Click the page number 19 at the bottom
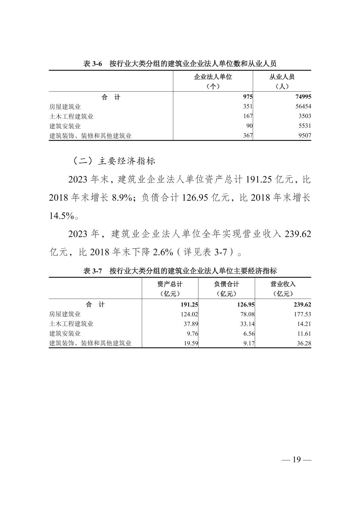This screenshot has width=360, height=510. (x=297, y=460)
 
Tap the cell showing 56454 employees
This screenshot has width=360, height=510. (x=302, y=107)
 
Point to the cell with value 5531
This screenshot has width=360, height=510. (x=304, y=126)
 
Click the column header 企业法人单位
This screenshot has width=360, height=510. (x=213, y=77)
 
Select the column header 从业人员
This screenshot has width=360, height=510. (x=282, y=77)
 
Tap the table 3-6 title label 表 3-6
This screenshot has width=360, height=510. (x=93, y=64)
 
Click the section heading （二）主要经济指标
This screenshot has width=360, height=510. (x=114, y=161)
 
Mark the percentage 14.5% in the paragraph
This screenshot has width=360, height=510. (x=61, y=216)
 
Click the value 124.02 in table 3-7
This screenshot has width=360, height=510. (x=189, y=314)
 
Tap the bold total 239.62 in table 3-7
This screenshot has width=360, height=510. (x=302, y=305)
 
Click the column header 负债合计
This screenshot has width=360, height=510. (x=227, y=284)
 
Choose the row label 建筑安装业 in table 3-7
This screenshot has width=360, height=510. (x=65, y=334)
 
